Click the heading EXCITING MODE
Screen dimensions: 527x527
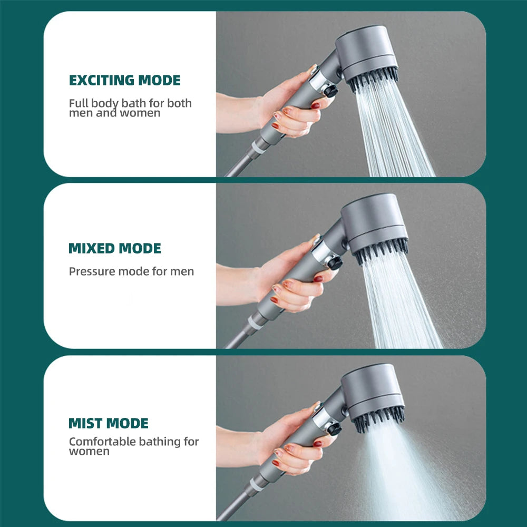pos(124,80)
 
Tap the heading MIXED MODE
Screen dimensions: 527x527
pos(115,248)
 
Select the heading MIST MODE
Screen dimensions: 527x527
pos(109,423)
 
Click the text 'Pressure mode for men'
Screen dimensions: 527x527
pos(131,272)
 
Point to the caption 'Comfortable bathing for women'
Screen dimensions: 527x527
pos(134,446)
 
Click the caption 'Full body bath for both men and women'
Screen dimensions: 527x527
pos(130,108)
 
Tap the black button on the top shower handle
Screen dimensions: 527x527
pos(330,91)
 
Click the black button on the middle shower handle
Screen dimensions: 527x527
pos(334,262)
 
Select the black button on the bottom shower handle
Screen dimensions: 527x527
pos(334,428)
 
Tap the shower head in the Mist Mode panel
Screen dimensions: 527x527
pos(373,390)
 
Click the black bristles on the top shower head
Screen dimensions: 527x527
pos(372,79)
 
